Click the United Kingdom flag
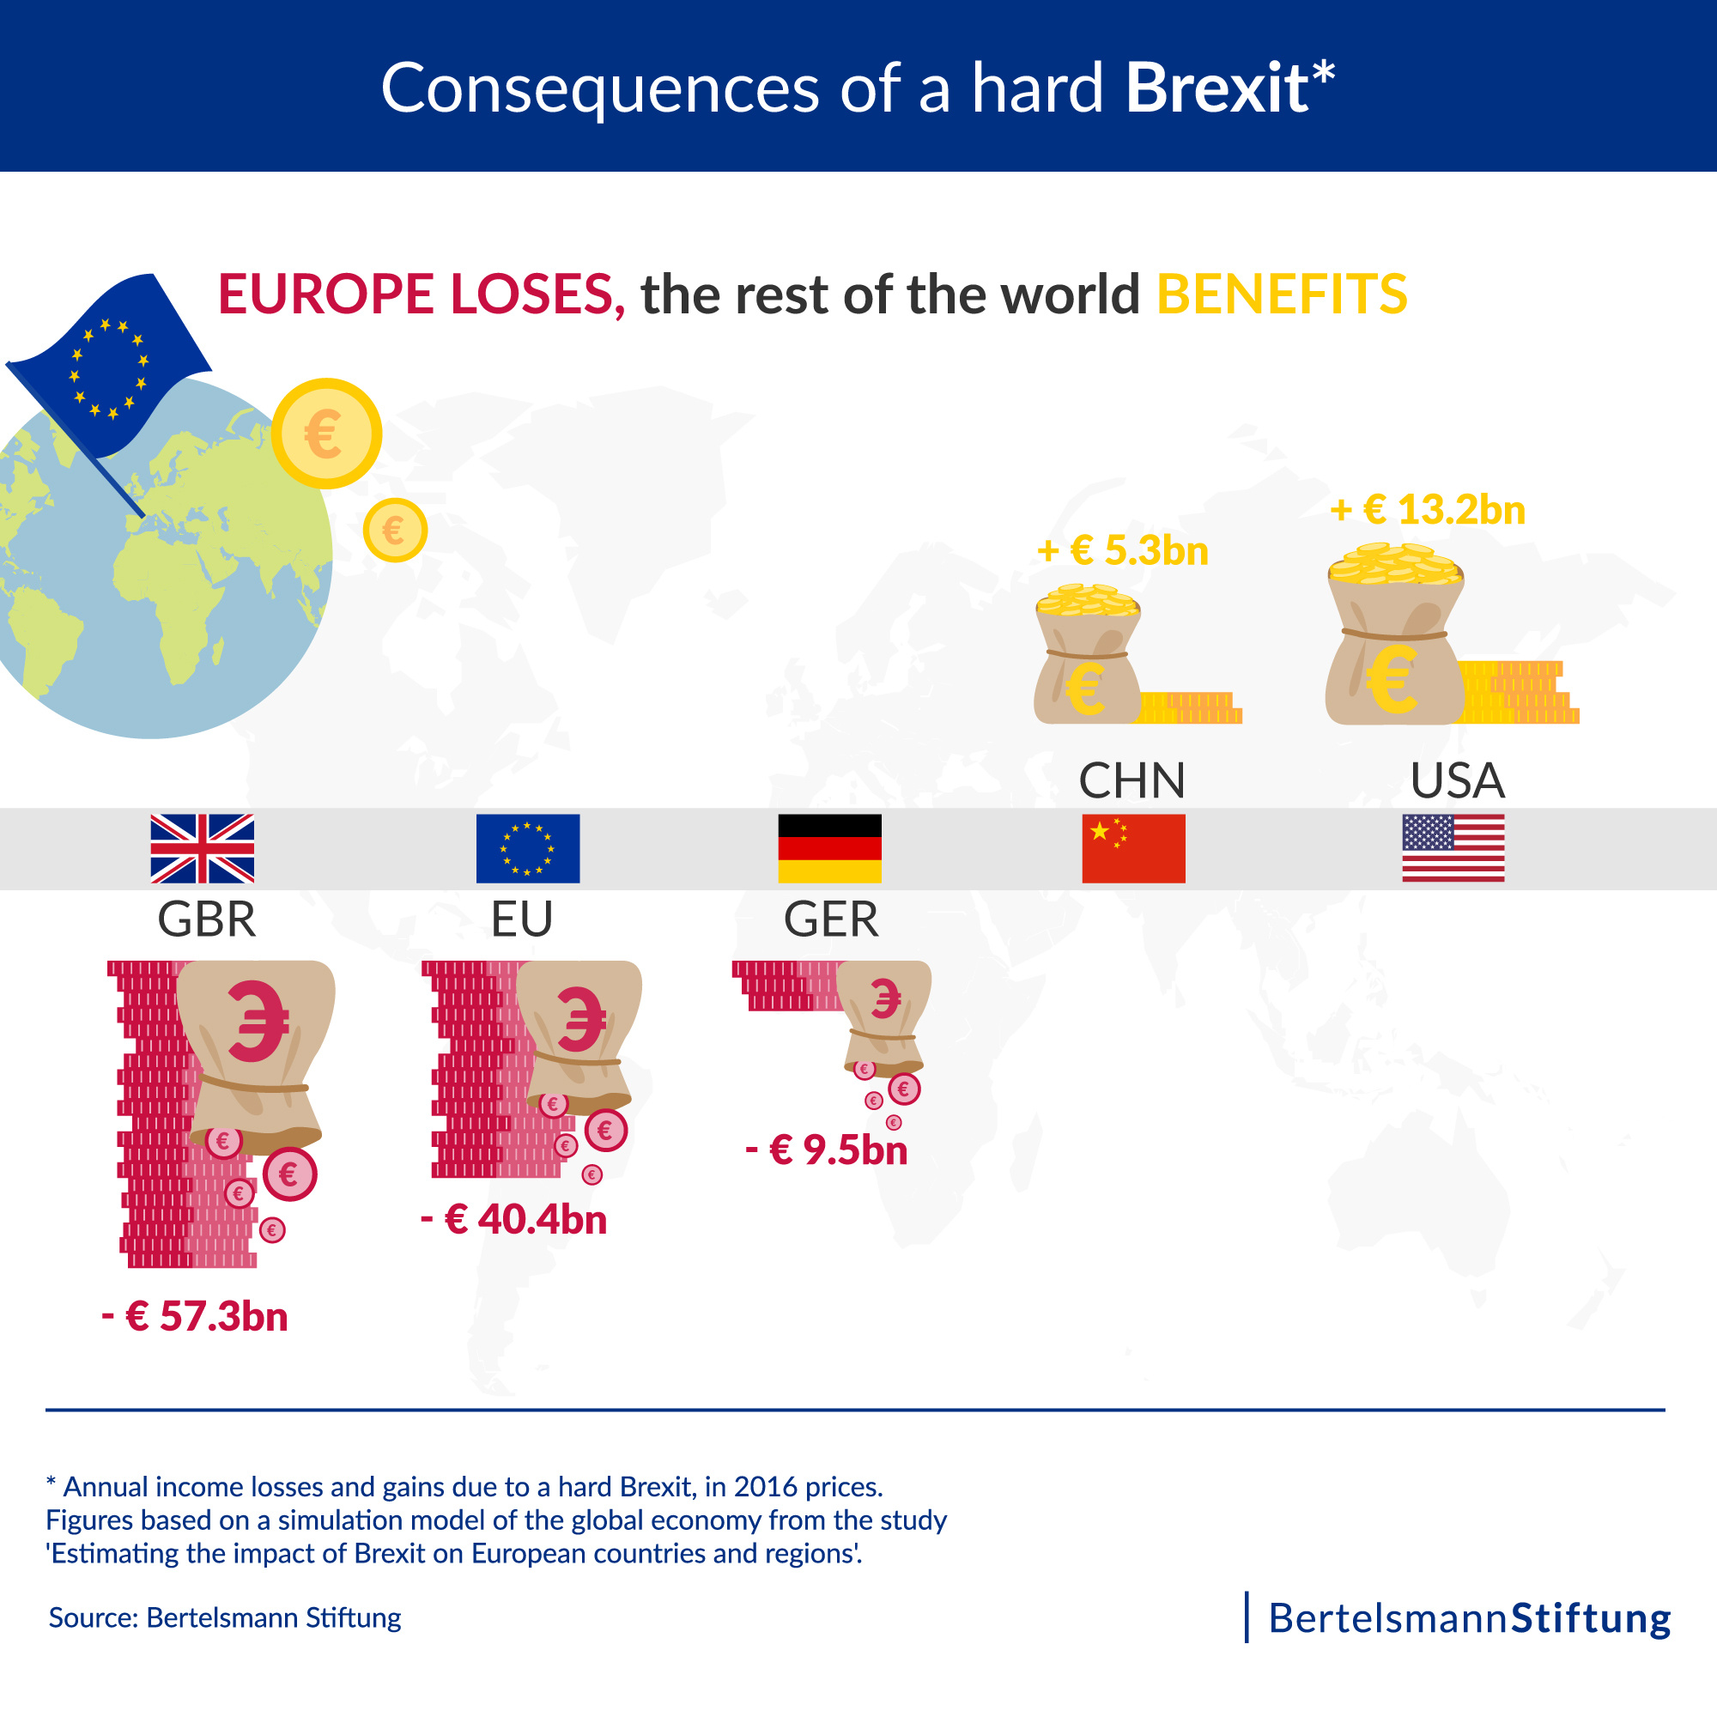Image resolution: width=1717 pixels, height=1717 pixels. pos(202,848)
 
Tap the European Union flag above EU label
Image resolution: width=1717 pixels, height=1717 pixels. pos(527,848)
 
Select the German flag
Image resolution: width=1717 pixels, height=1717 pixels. pos(829,848)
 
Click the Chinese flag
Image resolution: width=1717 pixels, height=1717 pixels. pos(1133,848)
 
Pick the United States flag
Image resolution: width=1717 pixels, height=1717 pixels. pos(1453,848)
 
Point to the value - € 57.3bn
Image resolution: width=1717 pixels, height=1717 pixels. pos(196,1316)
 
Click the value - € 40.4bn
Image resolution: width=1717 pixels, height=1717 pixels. pos(513,1218)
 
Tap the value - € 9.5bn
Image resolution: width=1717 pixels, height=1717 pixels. pos(827,1150)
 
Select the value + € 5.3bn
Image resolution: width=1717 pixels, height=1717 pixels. pos(1122,551)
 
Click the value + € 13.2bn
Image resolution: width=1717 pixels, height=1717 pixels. pos(1428,510)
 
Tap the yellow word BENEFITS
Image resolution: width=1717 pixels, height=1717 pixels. pos(1282,294)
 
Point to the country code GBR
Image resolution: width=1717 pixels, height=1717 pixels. pos(206,919)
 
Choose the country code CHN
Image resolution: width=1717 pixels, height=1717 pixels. pos(1132,780)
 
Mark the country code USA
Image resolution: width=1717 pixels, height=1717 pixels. pos(1457,780)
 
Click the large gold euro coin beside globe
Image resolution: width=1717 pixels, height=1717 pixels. pos(326,434)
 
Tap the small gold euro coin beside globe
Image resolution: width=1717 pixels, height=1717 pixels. pos(395,531)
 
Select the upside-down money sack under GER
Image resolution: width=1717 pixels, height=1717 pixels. pos(884,1017)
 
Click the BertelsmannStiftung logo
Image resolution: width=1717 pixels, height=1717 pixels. pos(1468,1617)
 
